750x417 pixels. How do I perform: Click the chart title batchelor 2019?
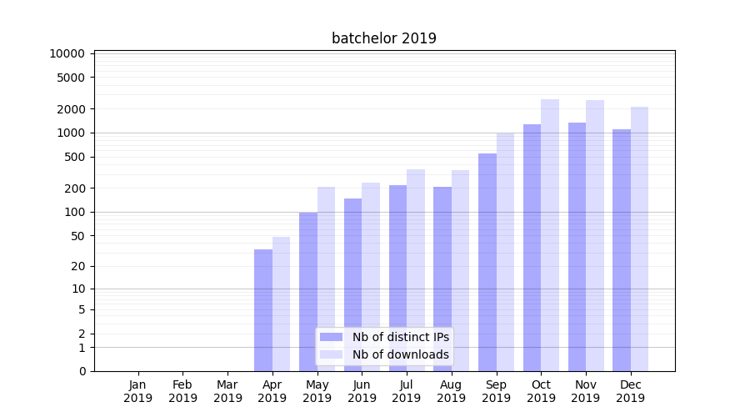pos(383,38)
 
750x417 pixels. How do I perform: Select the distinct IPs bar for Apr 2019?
pos(263,309)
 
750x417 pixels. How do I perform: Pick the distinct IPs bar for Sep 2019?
pos(487,262)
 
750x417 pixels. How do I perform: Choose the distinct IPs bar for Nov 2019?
pos(577,247)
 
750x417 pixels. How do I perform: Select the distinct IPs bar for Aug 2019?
pos(442,279)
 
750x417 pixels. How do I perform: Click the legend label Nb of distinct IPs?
pos(400,337)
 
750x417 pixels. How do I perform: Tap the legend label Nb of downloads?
pos(400,354)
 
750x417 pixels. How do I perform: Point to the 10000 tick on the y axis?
pos(67,53)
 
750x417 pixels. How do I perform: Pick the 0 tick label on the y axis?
pos(82,371)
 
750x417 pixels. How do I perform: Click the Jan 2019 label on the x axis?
pos(138,391)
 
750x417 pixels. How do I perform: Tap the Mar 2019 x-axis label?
pos(227,391)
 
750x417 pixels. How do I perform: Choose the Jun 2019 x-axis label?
pos(362,391)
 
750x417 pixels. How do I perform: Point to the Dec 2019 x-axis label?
pos(630,391)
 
